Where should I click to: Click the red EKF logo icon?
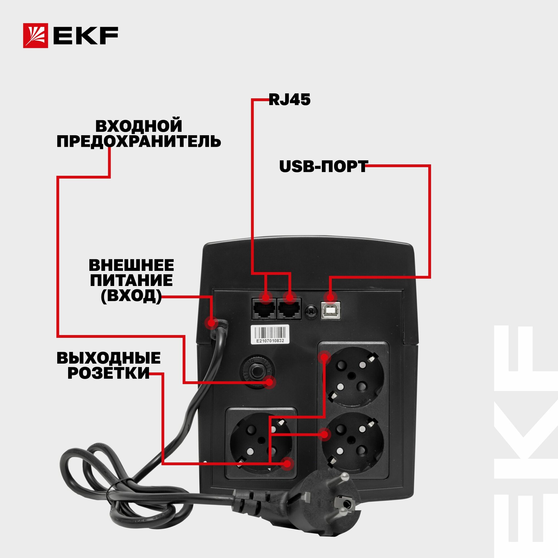point(35,35)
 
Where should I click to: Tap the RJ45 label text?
point(289,100)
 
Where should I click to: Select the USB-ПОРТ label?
point(323,167)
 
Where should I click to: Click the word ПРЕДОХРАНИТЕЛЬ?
point(139,141)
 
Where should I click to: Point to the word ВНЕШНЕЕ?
point(131,265)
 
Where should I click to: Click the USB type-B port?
point(331,310)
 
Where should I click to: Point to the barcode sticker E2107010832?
point(270,334)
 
